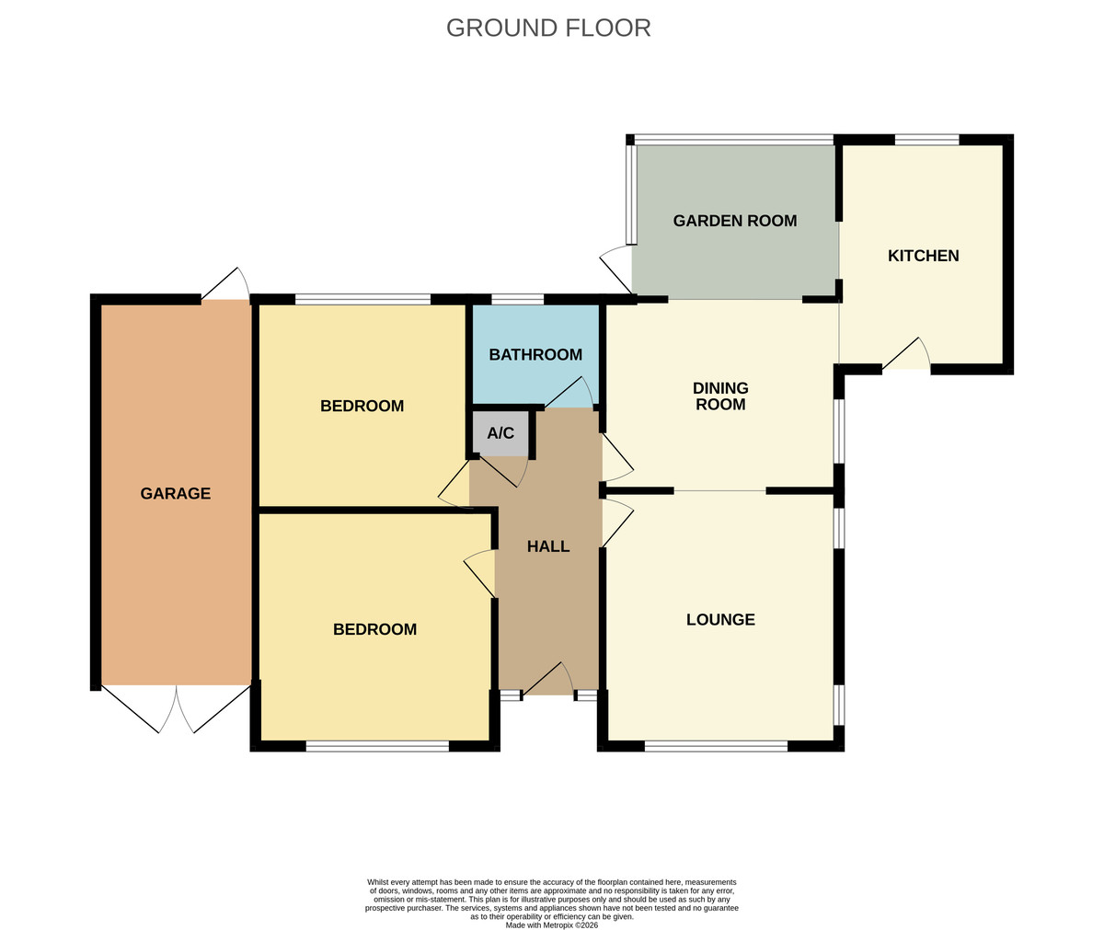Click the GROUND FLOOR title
coord(548,28)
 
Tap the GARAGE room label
coord(176,493)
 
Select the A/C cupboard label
coord(500,433)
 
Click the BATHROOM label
coord(535,354)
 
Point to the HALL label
coord(548,546)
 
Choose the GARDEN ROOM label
coord(735,221)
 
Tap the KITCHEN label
coord(923,256)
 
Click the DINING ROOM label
coord(720,396)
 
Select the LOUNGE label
coord(720,619)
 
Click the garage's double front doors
coord(177,708)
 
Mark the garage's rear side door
coord(225,284)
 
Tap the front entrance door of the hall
coord(548,679)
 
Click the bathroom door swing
coord(569,392)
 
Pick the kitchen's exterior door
coord(906,354)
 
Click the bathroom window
coord(518,299)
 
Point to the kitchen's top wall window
coord(926,140)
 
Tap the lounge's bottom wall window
coord(717,745)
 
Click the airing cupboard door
coord(503,471)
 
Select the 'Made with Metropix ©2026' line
coord(551,925)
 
